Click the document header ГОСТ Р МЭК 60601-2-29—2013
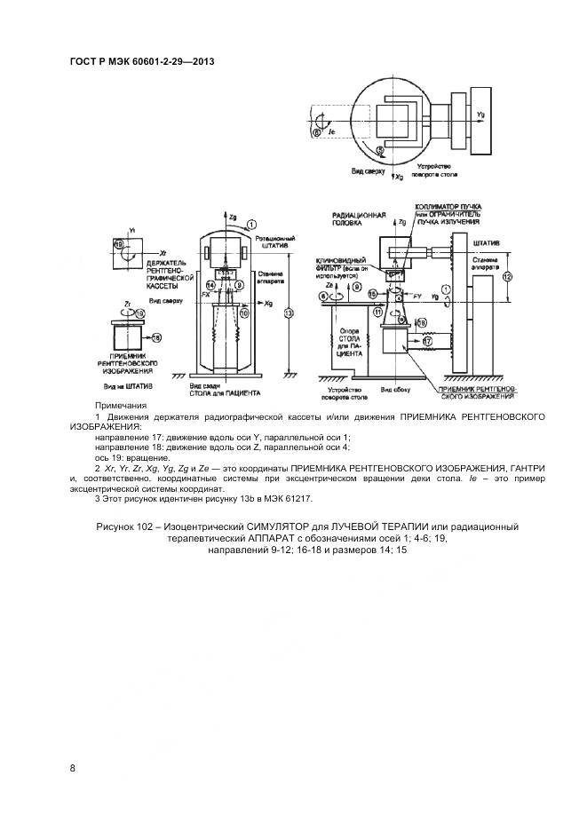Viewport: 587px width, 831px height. (x=142, y=61)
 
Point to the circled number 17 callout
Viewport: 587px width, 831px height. (x=428, y=340)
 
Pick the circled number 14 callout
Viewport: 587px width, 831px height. (x=210, y=284)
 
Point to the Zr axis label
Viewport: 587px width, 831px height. (x=130, y=303)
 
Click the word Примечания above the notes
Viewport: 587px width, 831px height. (x=121, y=405)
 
